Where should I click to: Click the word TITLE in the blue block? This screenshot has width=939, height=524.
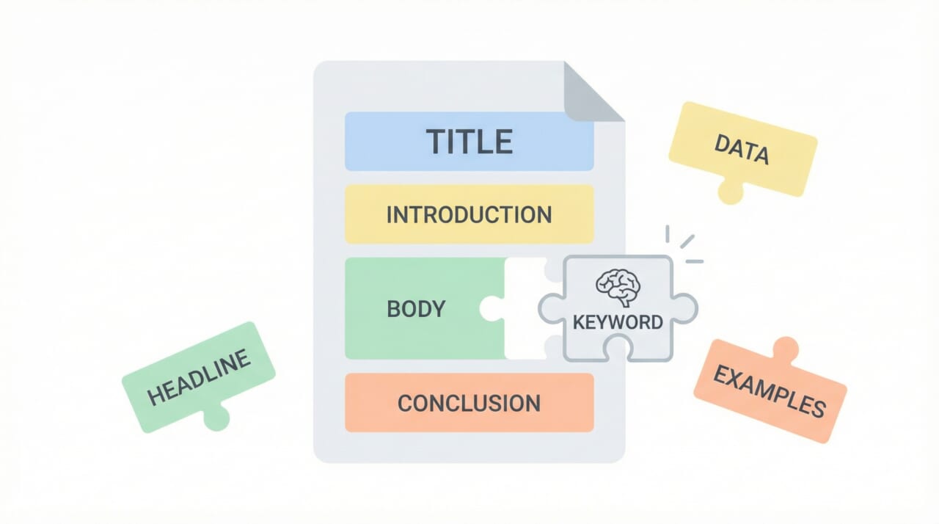[469, 142]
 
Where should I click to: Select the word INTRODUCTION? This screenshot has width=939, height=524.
[469, 215]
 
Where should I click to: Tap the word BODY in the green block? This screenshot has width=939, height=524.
[416, 308]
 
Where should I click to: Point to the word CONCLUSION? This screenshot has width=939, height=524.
[469, 403]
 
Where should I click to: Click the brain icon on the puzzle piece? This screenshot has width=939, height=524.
[618, 287]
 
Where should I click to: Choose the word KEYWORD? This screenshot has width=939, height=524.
[618, 321]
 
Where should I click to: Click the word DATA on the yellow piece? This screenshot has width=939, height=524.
[741, 150]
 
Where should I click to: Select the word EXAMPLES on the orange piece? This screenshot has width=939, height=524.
[769, 391]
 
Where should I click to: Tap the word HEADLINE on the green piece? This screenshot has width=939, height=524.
[199, 376]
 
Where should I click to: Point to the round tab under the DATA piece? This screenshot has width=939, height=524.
[730, 192]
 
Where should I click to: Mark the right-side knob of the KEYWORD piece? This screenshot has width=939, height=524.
[684, 308]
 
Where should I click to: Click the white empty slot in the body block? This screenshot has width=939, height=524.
[522, 308]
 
